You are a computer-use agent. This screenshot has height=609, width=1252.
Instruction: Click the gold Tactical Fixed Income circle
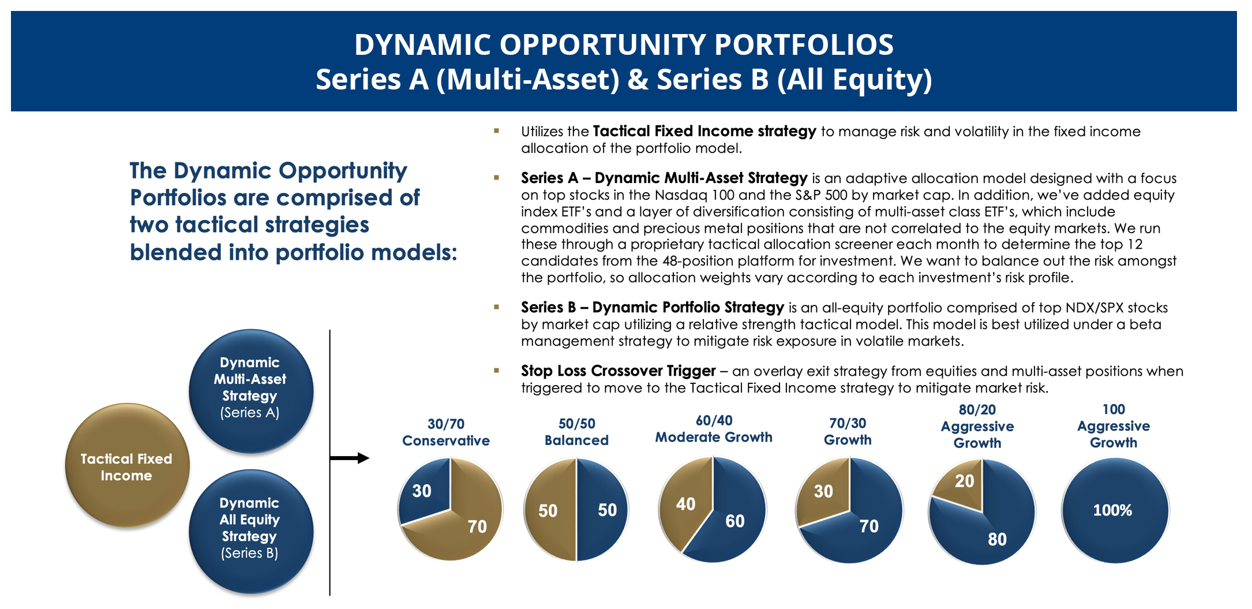pos(127,465)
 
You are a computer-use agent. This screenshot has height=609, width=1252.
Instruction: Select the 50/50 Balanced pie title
pos(576,432)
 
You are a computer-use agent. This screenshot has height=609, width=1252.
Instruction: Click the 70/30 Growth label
pos(848,431)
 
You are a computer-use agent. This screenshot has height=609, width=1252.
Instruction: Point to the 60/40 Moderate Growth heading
pos(714,428)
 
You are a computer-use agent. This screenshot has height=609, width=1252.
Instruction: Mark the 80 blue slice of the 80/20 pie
pos(992,534)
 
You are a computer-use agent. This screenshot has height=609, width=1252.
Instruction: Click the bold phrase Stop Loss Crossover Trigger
pos(618,371)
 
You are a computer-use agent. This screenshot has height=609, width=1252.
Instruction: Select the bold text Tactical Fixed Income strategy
pos(704,131)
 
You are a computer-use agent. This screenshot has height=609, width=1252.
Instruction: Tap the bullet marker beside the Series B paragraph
pos(496,307)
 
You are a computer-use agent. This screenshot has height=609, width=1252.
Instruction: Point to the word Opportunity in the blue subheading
pos(342,171)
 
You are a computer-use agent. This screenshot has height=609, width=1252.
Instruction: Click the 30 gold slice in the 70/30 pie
pos(824,491)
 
